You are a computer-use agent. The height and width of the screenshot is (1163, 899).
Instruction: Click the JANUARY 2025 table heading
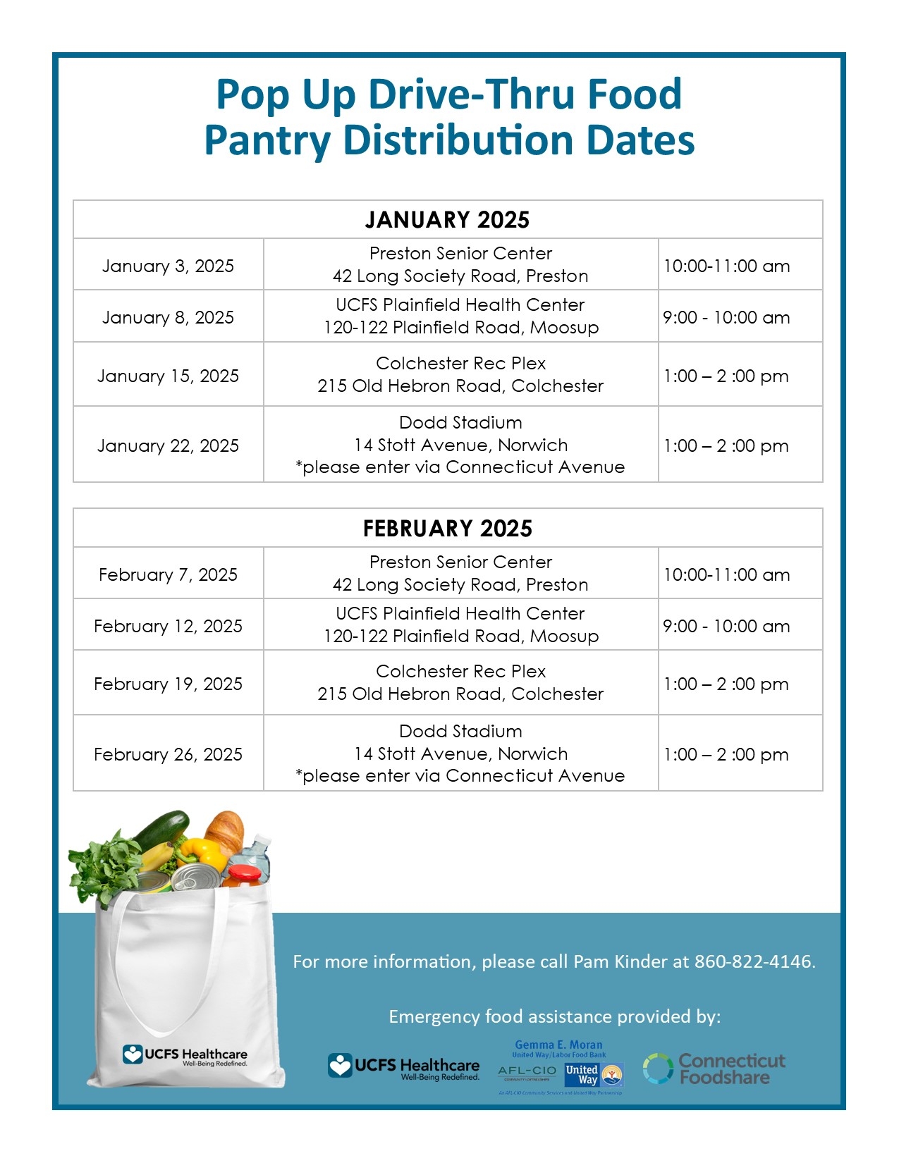(x=447, y=220)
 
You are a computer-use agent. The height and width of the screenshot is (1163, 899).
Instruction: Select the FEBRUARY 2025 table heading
(x=447, y=529)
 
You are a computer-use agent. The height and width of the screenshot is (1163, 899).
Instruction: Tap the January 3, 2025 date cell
(x=168, y=266)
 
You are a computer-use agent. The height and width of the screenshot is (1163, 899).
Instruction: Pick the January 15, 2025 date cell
(x=168, y=376)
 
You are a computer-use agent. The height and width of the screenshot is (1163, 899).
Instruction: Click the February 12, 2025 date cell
(x=168, y=626)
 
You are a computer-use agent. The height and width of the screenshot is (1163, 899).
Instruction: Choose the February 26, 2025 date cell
(x=168, y=754)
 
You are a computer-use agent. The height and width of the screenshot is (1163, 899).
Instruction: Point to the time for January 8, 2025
(x=726, y=317)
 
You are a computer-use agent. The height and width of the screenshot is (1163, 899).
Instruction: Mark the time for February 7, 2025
(x=726, y=574)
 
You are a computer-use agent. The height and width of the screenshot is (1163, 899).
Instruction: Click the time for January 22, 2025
(x=726, y=445)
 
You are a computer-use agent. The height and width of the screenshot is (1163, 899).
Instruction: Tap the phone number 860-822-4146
(x=754, y=961)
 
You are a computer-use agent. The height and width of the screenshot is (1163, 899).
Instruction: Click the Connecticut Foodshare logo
(x=714, y=1069)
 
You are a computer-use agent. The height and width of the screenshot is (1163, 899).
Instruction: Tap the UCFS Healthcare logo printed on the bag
(x=185, y=1055)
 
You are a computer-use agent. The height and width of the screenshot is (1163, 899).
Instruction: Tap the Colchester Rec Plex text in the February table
(x=460, y=671)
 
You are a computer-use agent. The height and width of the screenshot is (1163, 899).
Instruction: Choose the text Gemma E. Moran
(x=558, y=1045)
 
